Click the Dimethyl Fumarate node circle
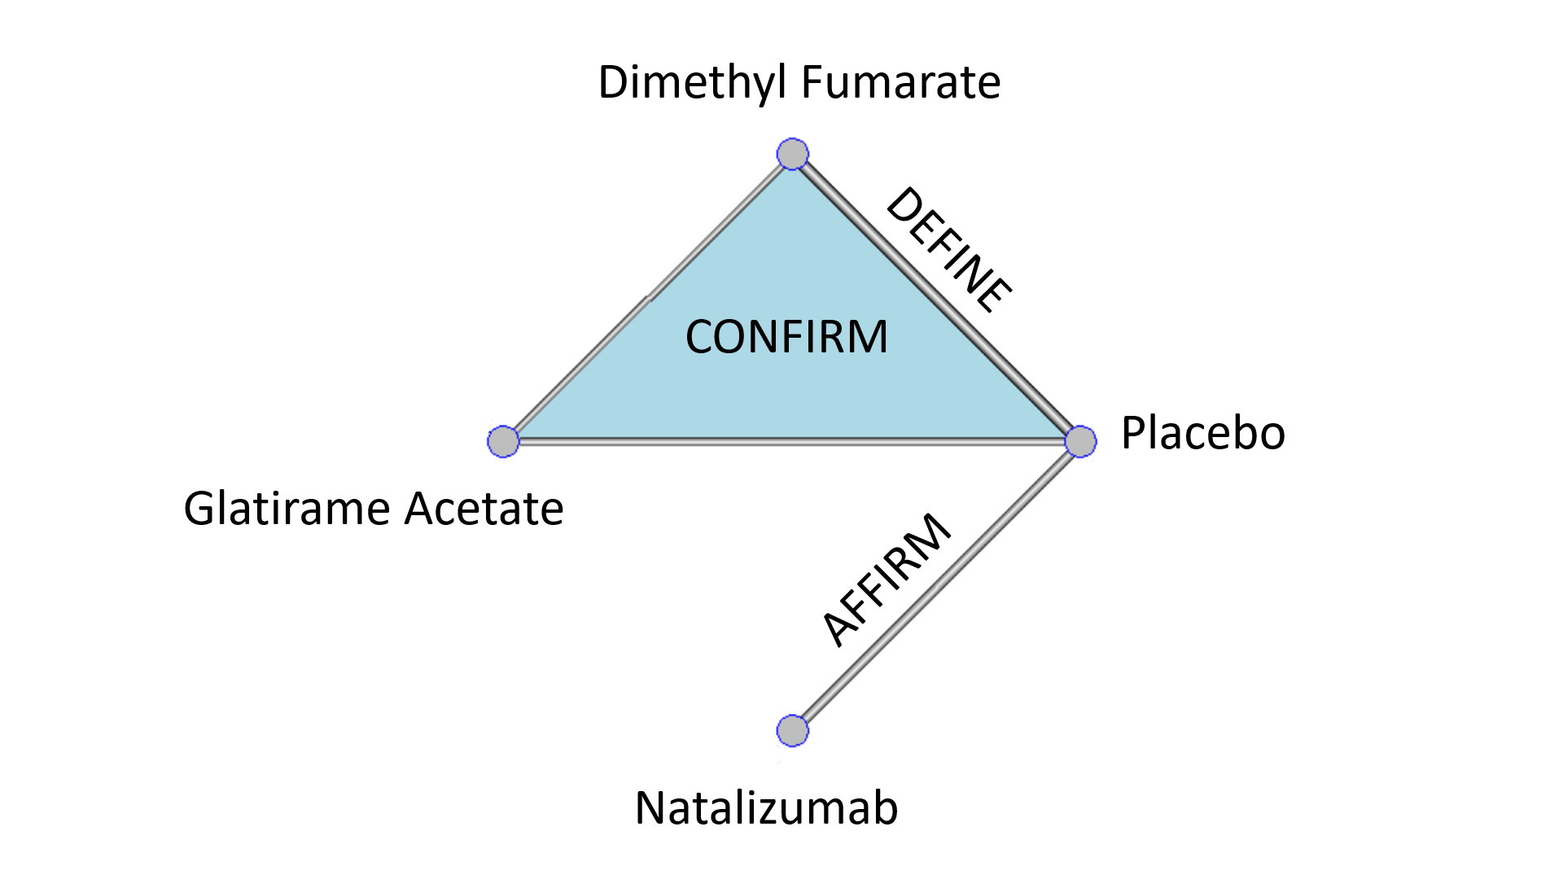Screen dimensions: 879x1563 pos(792,154)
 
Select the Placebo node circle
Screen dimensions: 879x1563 pos(1080,441)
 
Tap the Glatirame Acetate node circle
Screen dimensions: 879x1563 pos(503,441)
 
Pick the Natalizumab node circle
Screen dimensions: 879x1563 pos(792,730)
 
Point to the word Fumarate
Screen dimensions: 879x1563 pos(900,82)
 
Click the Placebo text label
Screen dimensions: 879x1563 pos(1202,432)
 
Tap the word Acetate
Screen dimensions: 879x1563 pos(484,509)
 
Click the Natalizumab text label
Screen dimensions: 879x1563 pos(766,808)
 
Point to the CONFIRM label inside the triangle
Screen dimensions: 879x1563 pos(786,337)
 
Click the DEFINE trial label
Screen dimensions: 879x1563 pos(948,250)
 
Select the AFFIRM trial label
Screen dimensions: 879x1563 pos(886,579)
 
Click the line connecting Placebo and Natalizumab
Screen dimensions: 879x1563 pos(936,586)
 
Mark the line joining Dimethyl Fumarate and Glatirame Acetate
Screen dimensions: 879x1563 pos(648,298)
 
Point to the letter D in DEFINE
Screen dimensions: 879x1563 pos(903,204)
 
